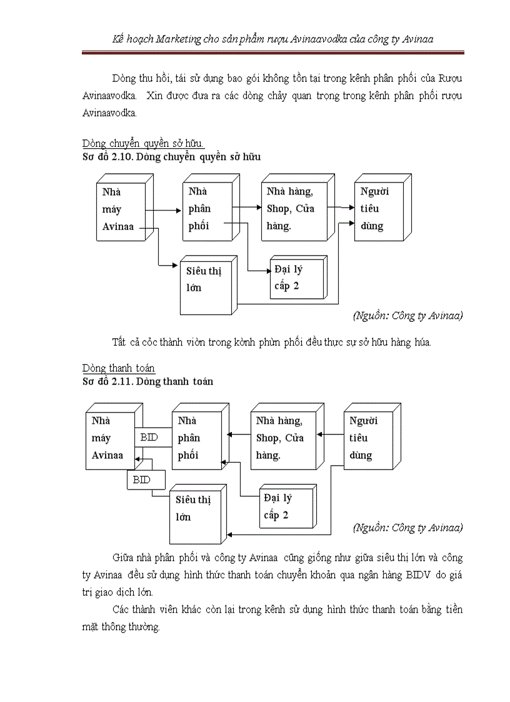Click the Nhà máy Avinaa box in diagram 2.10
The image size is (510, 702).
(x=119, y=210)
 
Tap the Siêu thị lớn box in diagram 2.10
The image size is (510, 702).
(x=205, y=280)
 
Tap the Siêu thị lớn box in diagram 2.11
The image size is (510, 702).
(x=194, y=509)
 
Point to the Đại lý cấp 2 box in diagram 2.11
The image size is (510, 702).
(x=280, y=507)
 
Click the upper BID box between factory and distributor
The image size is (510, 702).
(x=150, y=438)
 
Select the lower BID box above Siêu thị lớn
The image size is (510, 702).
(x=142, y=480)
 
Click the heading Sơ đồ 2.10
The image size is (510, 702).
(x=171, y=157)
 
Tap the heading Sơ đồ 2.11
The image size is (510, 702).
(x=147, y=381)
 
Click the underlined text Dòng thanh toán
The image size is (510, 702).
(x=119, y=368)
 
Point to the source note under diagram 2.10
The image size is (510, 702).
(x=407, y=316)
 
